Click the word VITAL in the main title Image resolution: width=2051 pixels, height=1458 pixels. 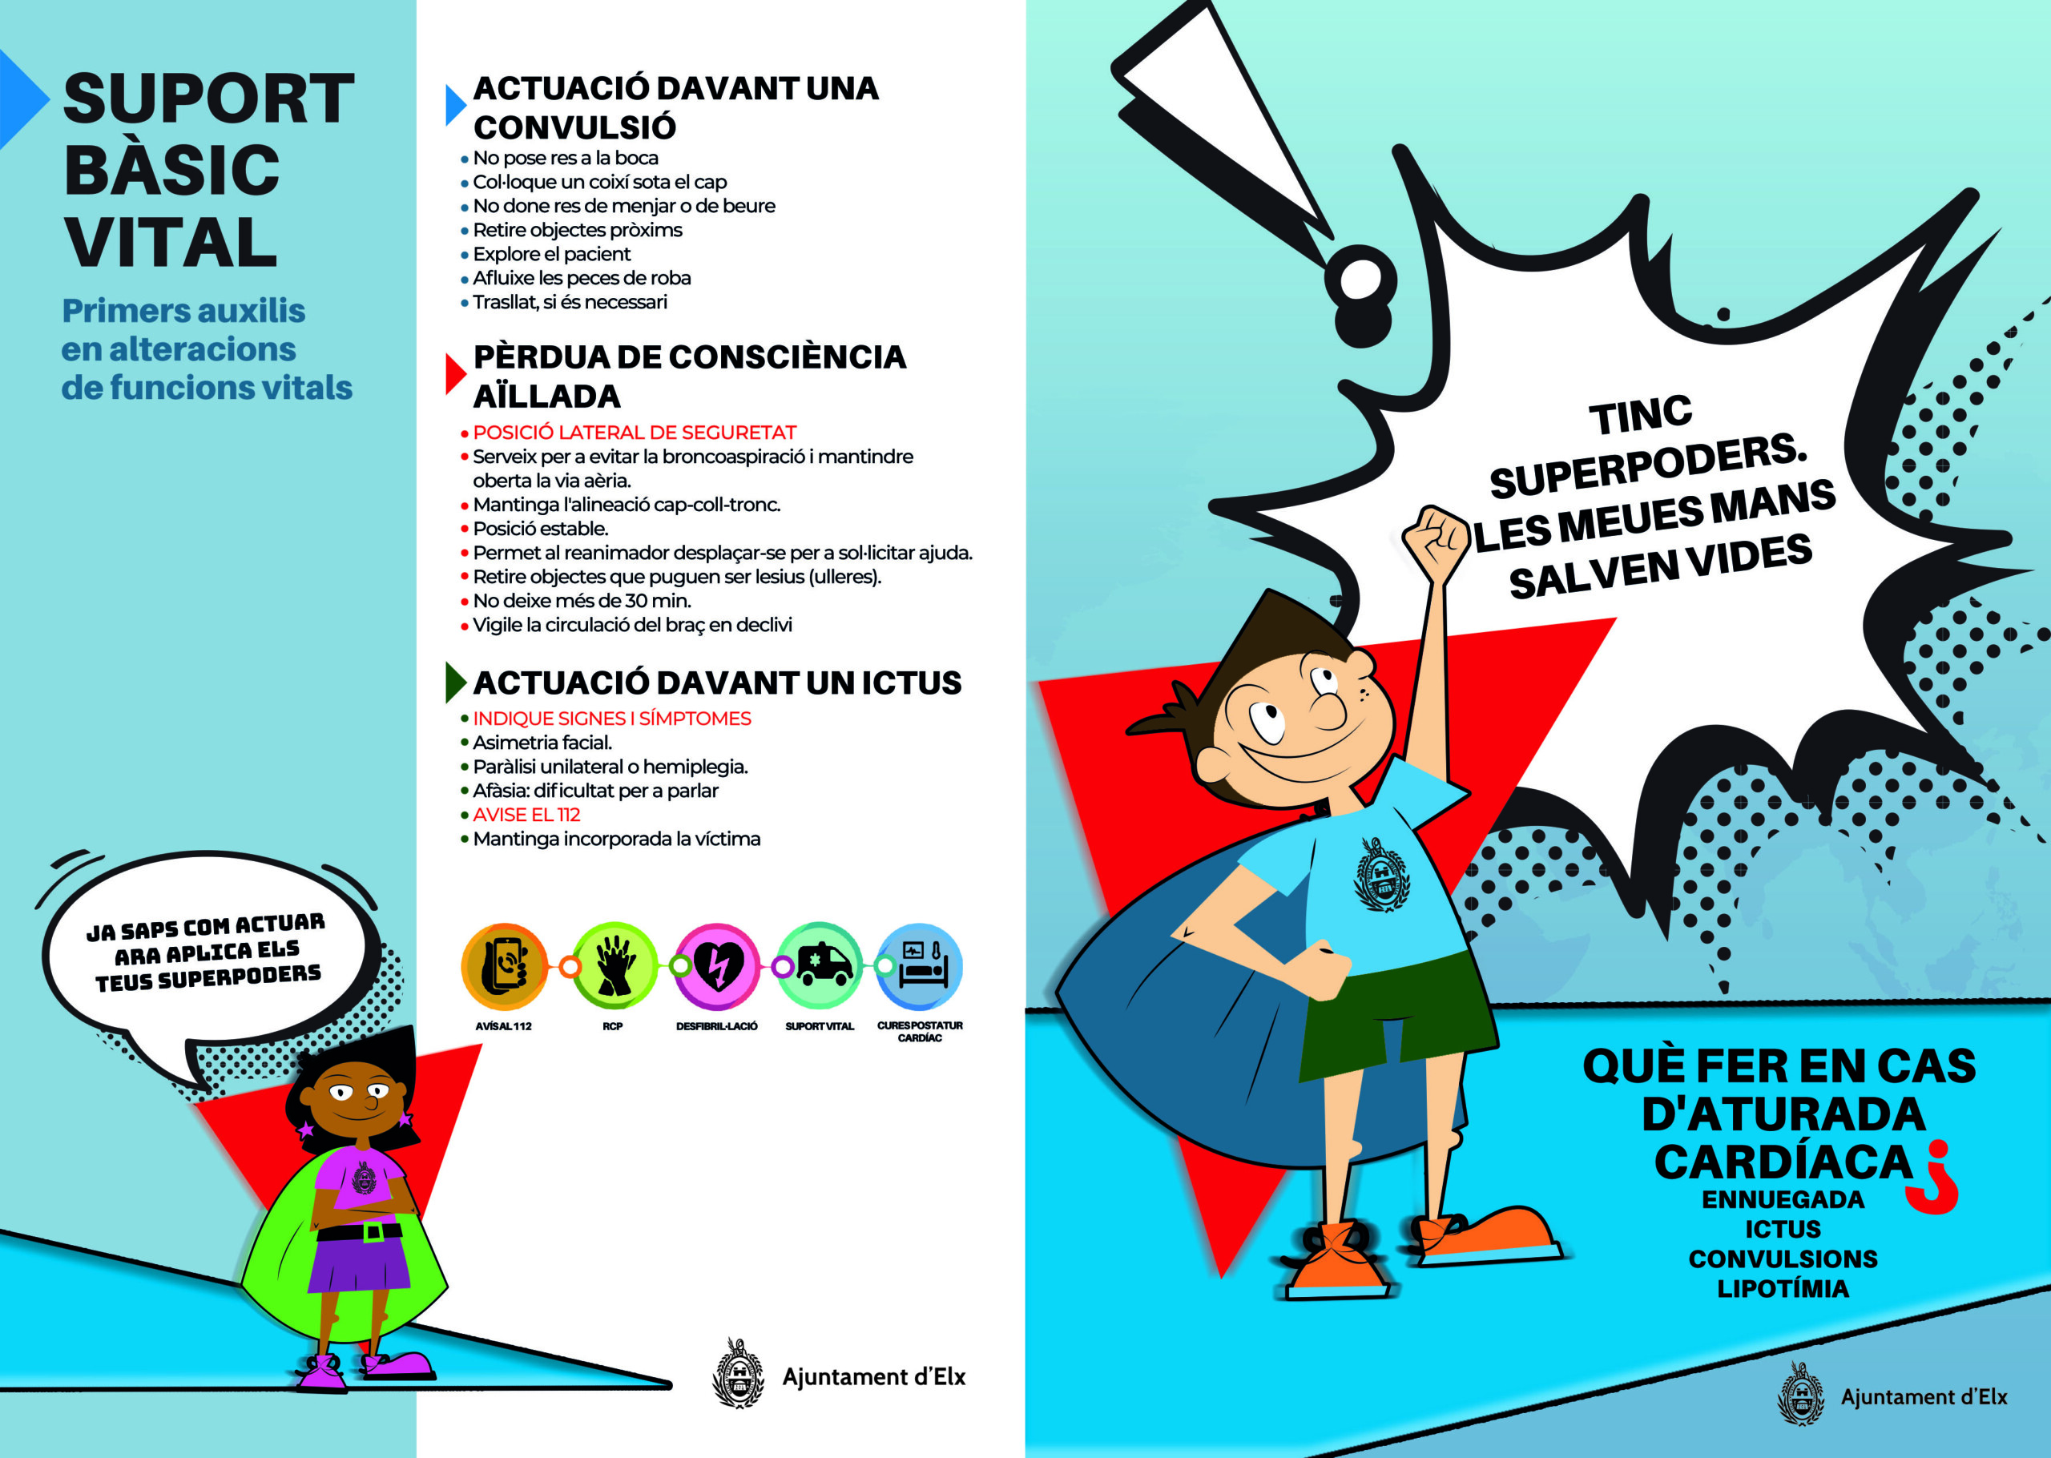click(171, 243)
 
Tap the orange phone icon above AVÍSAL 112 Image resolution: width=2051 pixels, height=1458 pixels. click(505, 966)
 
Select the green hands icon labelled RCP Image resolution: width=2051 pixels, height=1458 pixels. click(614, 966)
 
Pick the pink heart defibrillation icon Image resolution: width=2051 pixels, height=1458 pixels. click(717, 967)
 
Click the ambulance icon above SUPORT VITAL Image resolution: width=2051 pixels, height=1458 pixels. click(820, 965)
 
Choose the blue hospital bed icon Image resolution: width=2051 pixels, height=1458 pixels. click(920, 966)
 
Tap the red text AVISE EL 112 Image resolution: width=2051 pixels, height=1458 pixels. click(526, 814)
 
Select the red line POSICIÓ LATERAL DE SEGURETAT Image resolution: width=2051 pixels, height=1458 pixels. click(635, 432)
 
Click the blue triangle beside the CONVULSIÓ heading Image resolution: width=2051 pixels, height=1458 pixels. click(455, 105)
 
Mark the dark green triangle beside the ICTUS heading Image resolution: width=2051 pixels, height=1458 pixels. click(454, 683)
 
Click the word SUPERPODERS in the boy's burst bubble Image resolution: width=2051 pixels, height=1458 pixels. click(1648, 465)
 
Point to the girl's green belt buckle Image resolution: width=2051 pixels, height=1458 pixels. click(371, 1232)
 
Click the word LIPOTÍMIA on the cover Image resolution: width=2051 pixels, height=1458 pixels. click(1783, 1289)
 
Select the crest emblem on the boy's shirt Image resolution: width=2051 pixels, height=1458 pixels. click(1381, 875)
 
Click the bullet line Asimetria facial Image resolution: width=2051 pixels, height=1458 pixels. click(542, 743)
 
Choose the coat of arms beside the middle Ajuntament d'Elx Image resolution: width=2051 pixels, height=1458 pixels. click(737, 1373)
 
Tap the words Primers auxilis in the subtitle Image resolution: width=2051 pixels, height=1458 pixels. click(184, 311)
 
